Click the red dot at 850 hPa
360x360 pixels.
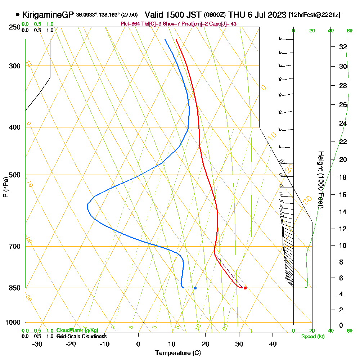point(245,288)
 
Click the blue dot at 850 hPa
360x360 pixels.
point(195,288)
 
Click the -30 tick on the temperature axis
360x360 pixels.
point(37,344)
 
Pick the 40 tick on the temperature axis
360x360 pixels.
point(273,344)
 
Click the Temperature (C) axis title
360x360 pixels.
point(178,353)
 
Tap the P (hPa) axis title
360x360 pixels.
point(5,187)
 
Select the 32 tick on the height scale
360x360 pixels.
point(343,47)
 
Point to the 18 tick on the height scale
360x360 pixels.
point(343,177)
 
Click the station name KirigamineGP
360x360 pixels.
point(48,15)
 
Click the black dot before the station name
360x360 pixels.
point(18,15)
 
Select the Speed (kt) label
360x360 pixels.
point(312,337)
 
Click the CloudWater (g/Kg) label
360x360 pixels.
point(77,330)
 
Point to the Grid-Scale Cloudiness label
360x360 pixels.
point(81,336)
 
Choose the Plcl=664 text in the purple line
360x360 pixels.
point(130,24)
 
